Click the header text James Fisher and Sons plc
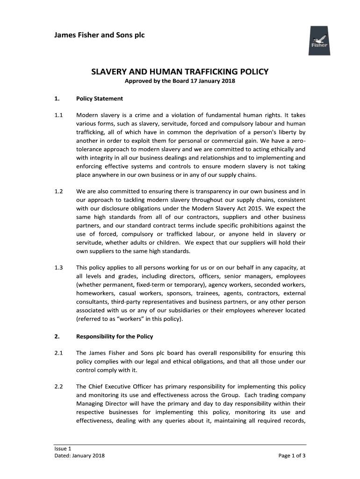(x=100, y=35)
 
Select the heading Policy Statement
(x=100, y=99)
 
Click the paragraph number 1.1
(x=58, y=115)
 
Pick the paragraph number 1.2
(x=58, y=191)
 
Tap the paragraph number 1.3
(x=58, y=268)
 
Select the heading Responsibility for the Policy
(x=115, y=336)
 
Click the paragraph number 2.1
(x=58, y=353)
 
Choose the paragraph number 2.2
(x=58, y=387)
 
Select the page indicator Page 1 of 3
(x=292, y=456)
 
